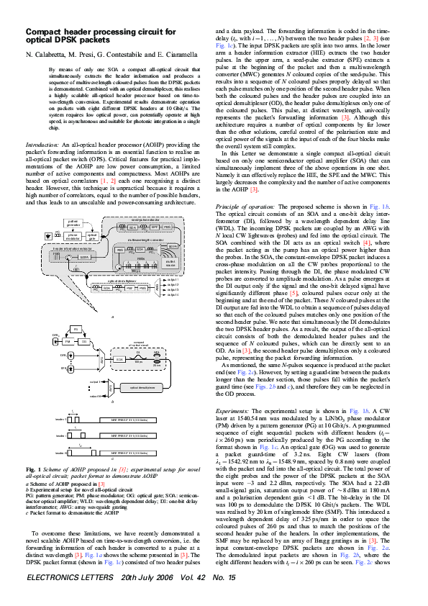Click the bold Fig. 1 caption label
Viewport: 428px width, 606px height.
[x=34, y=450]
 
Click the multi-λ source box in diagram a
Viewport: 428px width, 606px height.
[x=171, y=263]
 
